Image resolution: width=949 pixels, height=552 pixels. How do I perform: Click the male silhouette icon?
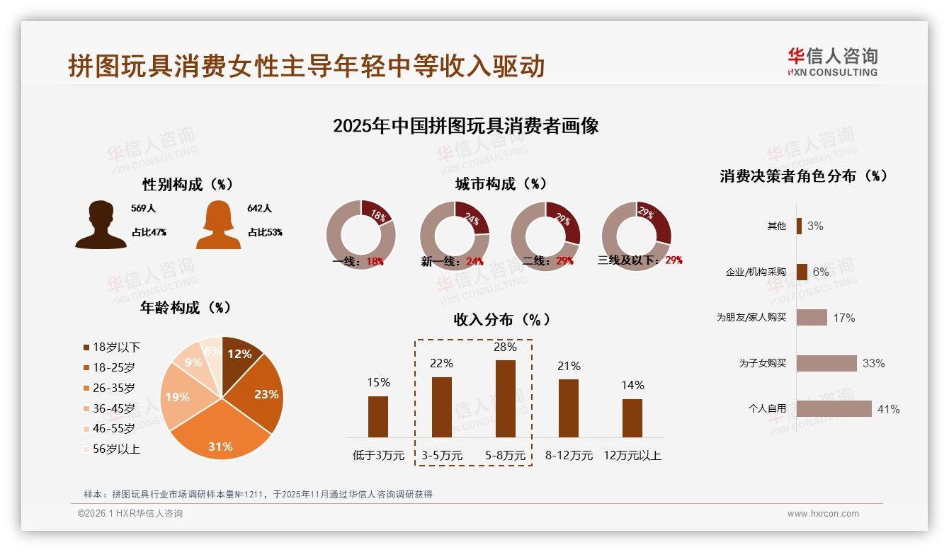point(101,224)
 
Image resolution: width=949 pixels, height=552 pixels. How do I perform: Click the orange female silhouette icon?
point(218,224)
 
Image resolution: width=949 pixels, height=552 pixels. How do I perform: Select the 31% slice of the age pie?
point(221,432)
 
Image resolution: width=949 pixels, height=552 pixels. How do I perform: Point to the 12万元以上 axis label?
point(632,455)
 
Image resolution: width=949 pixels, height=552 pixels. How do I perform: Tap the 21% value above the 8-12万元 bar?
point(569,366)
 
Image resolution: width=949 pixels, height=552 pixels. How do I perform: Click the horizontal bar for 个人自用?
point(834,409)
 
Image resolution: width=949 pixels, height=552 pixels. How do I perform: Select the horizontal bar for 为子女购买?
point(826,363)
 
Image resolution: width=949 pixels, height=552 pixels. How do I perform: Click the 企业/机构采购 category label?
point(756,272)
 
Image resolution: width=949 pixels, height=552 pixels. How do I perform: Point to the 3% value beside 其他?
point(815,226)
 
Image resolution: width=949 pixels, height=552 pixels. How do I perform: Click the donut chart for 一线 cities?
point(360,235)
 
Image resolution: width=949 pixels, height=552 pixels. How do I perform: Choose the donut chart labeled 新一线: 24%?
point(455,235)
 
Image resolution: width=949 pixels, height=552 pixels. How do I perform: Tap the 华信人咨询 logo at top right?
point(832,62)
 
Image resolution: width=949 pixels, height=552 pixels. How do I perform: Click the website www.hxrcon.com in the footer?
point(823,514)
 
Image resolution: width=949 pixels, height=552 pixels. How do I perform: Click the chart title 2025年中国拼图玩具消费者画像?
point(465,126)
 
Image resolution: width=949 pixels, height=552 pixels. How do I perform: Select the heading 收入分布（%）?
point(501,319)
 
